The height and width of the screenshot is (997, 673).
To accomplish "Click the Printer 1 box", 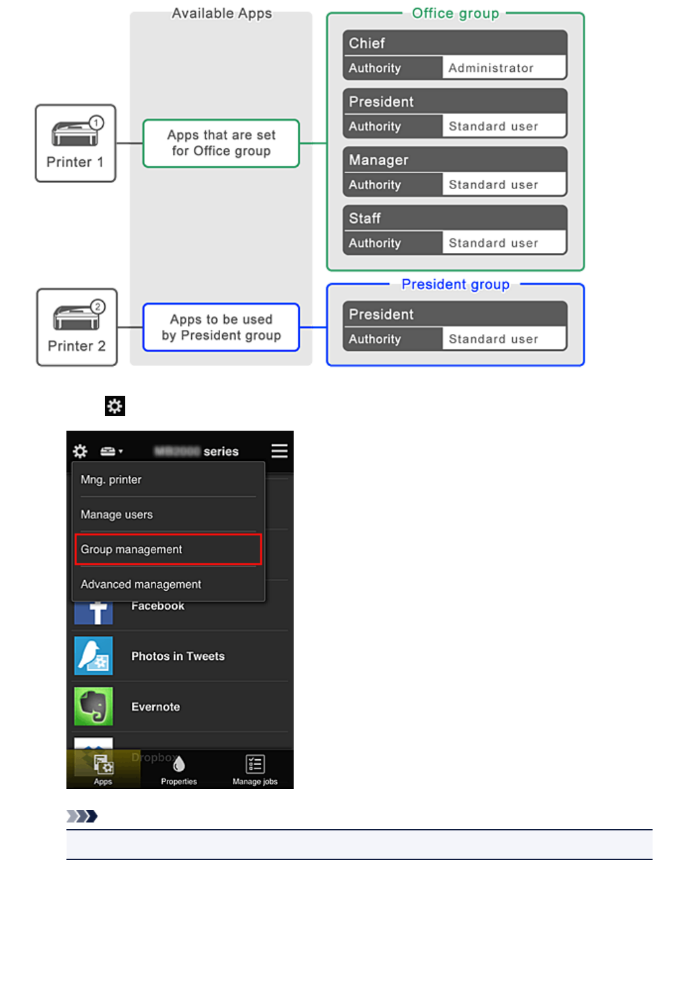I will pos(75,143).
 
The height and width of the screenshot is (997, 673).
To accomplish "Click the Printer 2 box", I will pos(76,327).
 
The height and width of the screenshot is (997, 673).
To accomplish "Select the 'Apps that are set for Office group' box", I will pos(221,143).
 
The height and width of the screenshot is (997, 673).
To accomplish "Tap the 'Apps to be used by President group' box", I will pos(221,327).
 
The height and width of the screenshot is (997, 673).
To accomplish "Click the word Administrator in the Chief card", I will pos(490,68).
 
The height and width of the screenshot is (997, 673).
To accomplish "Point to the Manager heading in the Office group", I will pos(378,160).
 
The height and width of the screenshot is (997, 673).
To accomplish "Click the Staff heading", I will pos(365,218).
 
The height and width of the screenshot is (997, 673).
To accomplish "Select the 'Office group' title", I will pos(455,13).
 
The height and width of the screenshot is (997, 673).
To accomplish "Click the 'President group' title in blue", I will pos(455,284).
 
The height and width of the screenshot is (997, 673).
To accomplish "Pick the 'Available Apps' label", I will pos(221,13).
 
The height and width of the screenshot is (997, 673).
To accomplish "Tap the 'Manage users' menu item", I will pos(117,514).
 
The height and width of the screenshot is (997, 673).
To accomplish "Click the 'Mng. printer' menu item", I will pos(111,479).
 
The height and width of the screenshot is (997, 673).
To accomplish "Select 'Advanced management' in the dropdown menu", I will pos(140,584).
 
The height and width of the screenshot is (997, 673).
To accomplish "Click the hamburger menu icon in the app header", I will pos(279,450).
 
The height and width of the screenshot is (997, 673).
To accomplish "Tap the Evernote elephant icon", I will pos(94,706).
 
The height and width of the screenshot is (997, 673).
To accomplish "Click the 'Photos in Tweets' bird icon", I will pos(94,656).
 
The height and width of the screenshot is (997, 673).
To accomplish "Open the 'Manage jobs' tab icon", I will pos(255,765).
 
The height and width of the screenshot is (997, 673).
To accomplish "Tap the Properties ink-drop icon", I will pos(179,765).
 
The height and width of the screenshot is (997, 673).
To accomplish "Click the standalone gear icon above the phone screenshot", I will pos(115,406).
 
